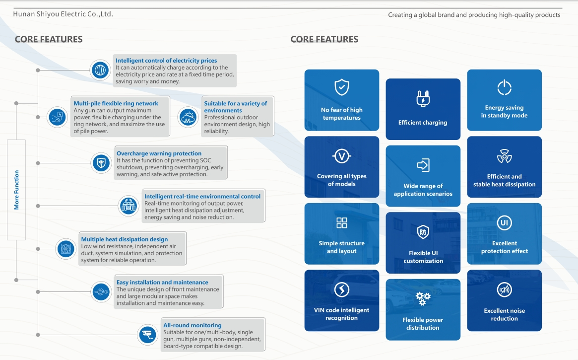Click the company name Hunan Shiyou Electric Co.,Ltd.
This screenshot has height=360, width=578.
click(x=63, y=14)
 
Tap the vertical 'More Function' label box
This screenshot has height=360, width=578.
click(x=16, y=190)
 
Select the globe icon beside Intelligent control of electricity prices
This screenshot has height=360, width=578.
click(x=100, y=70)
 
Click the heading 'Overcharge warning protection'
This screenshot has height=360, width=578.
click(x=159, y=153)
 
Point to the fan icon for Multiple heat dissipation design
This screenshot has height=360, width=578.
click(x=65, y=248)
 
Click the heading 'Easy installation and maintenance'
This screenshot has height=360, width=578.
click(x=162, y=282)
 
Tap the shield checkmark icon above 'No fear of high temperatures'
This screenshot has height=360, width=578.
click(x=341, y=87)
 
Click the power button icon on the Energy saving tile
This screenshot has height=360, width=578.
click(x=504, y=87)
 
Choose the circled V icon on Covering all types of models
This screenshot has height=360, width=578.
click(x=341, y=156)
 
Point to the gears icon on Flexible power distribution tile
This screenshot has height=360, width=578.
click(x=423, y=298)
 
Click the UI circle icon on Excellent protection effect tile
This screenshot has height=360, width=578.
click(x=504, y=223)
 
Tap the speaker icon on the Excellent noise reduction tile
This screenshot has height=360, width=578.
click(x=504, y=289)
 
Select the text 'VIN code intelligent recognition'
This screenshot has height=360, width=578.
click(x=341, y=314)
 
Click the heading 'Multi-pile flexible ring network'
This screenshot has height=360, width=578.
click(x=116, y=103)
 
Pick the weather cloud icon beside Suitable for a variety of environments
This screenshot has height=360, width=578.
click(x=188, y=117)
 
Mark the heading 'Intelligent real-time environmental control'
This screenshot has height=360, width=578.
click(x=202, y=196)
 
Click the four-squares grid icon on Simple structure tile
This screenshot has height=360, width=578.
click(x=341, y=222)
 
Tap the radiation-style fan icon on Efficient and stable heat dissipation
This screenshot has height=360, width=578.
click(x=504, y=157)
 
